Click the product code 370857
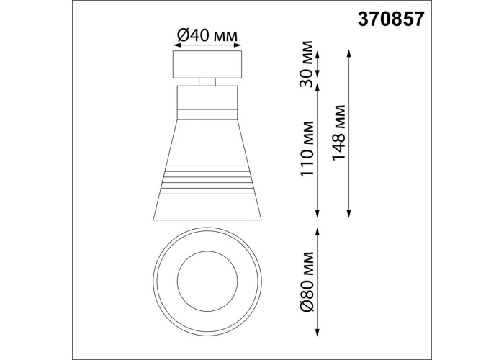click(x=391, y=19)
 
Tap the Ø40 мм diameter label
click(x=207, y=35)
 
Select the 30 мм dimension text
click(x=306, y=64)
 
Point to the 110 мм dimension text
click(x=306, y=148)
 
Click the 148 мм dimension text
click(x=338, y=132)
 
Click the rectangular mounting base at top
click(x=207, y=64)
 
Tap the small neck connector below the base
click(x=207, y=82)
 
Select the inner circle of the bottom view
click(x=207, y=282)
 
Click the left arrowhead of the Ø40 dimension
click(x=176, y=45)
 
